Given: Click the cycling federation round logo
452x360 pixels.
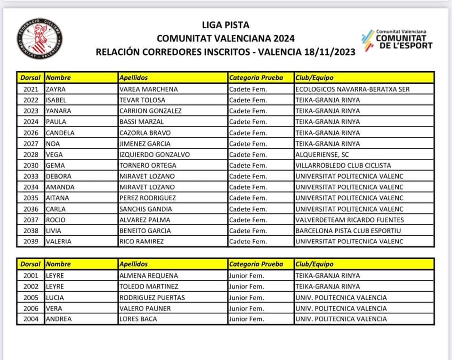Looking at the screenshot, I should [40, 39].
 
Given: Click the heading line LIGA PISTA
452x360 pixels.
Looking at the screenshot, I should [226, 25].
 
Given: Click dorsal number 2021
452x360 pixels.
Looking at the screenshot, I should [31, 89].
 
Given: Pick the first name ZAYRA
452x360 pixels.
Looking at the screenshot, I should [56, 89].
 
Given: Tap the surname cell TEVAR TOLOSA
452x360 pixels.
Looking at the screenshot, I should [142, 100].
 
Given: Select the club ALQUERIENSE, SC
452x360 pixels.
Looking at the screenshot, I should [322, 155].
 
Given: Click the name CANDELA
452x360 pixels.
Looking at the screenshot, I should [60, 133].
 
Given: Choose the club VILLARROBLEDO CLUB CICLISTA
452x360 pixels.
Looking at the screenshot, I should [343, 165].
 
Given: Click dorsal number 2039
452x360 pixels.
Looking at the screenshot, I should [31, 242].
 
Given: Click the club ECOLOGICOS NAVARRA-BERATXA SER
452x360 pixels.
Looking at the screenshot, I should [352, 89].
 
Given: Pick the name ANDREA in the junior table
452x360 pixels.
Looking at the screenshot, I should [59, 319].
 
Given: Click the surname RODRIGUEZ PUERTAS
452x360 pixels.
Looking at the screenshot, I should [152, 297].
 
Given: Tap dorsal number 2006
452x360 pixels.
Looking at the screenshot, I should [31, 308].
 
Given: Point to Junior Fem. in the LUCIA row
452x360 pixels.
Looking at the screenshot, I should [246, 297].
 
